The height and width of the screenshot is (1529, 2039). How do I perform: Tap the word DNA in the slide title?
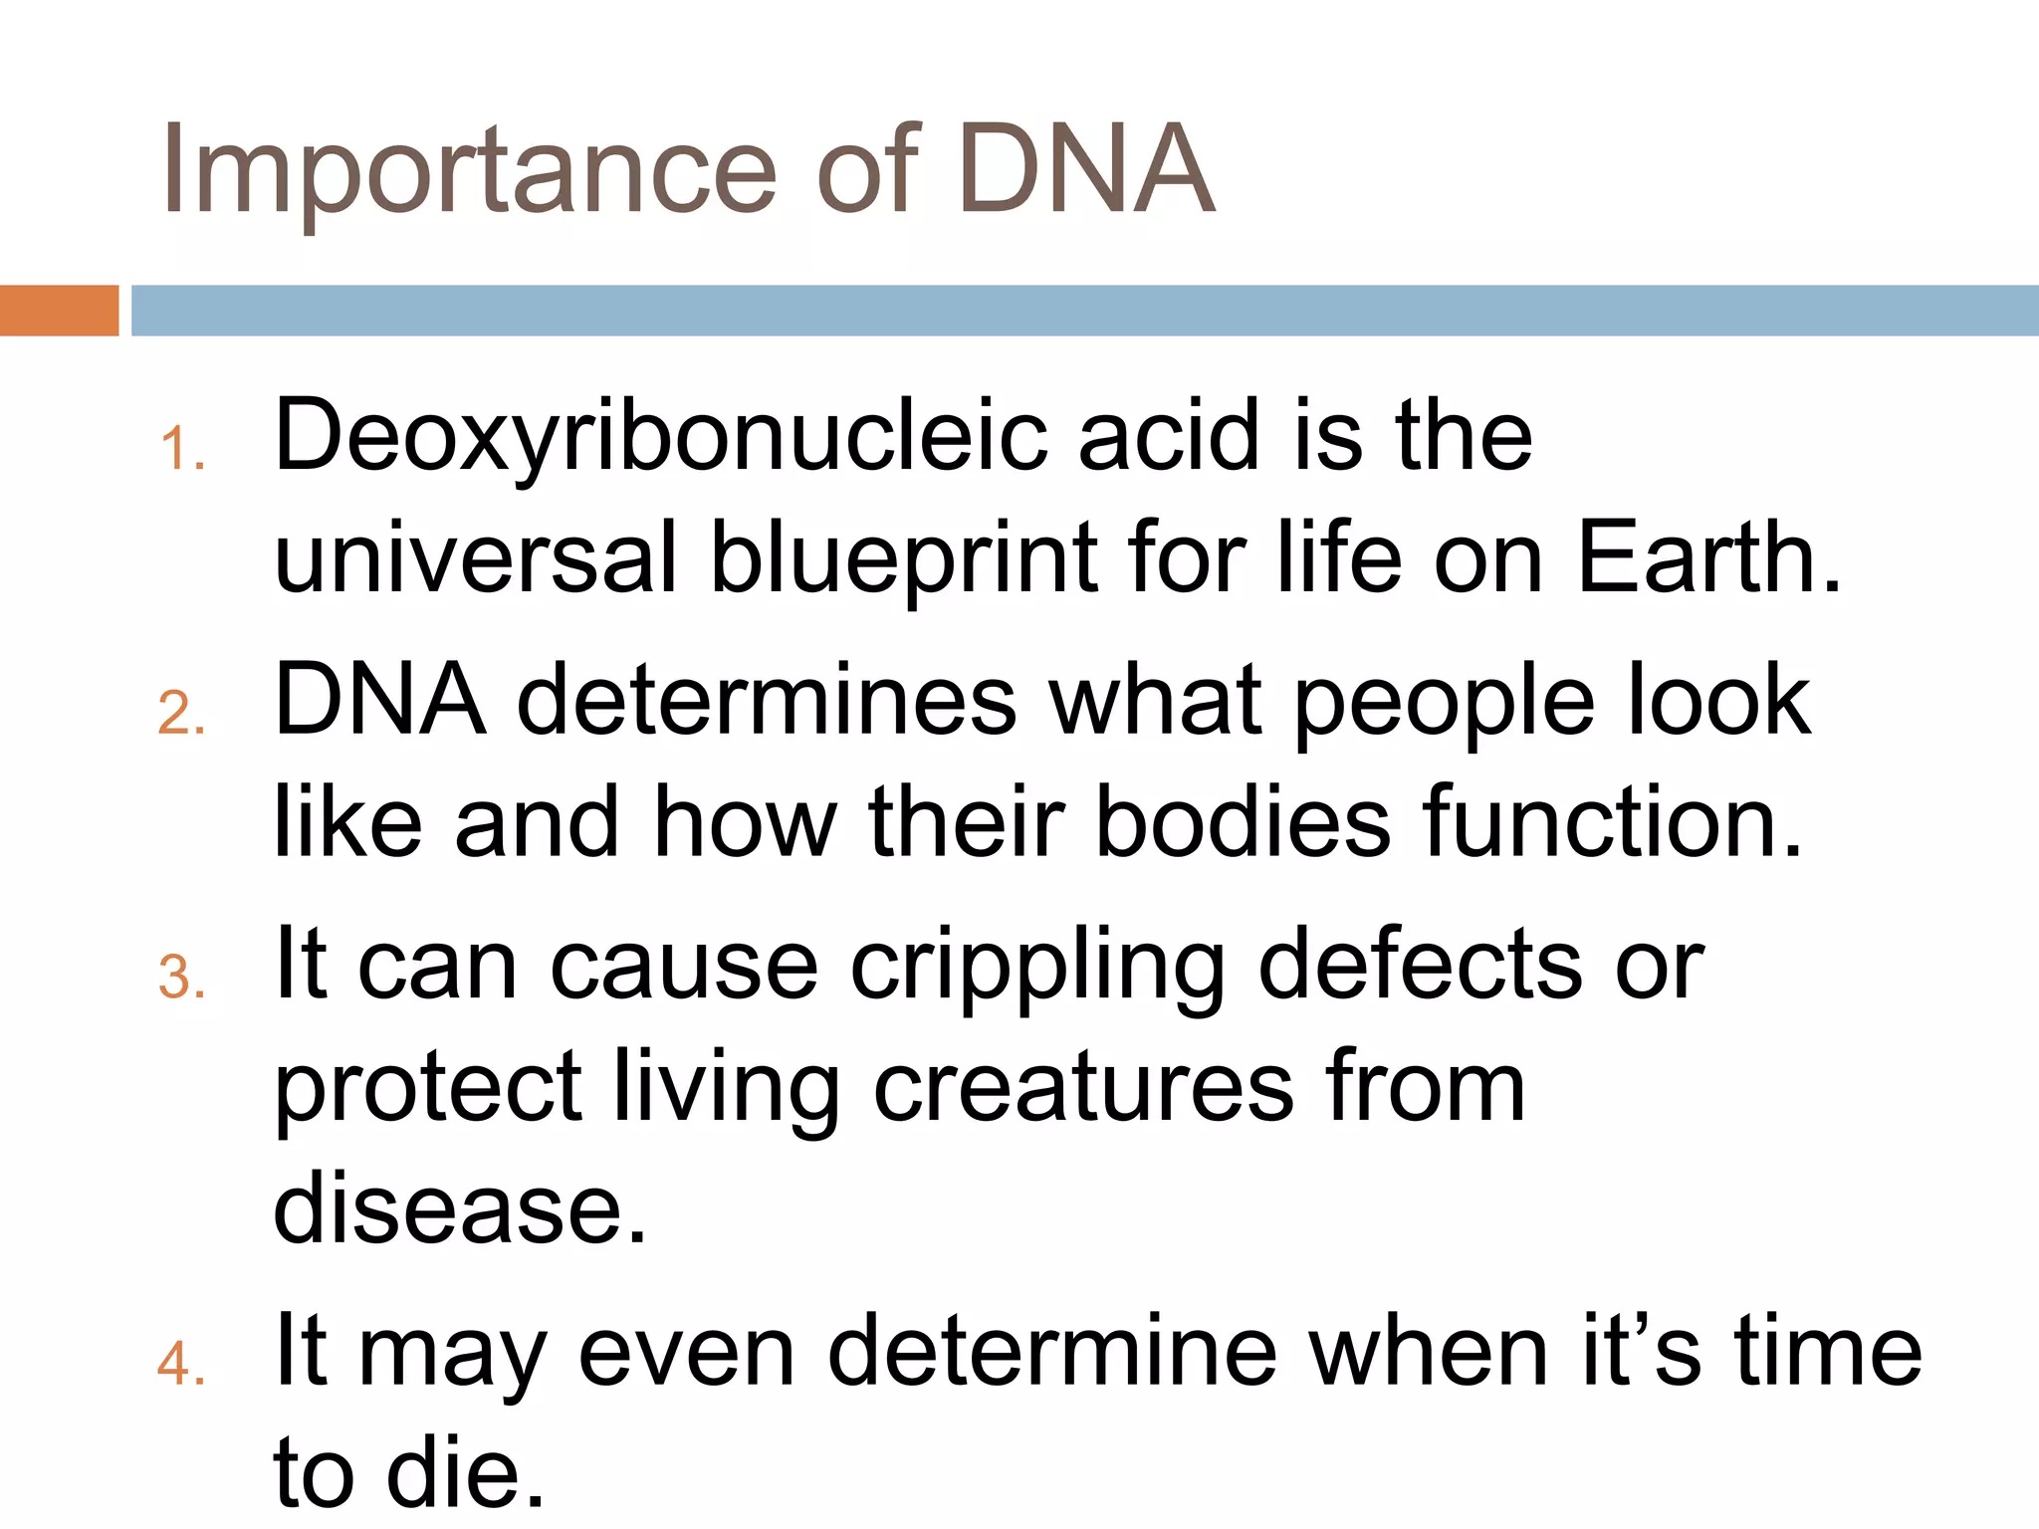1085,169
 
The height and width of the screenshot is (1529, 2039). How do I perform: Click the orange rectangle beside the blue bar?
59,311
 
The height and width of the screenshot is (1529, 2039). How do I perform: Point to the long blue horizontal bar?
1085,311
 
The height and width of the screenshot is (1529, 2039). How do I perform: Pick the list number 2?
180,714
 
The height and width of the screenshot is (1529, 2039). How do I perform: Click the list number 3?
180,978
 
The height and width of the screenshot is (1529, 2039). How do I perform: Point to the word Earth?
1708,557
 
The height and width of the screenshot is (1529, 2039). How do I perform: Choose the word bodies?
1243,823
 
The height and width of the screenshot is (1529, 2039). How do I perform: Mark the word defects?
1420,966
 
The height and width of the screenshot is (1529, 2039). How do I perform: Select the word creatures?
1084,1089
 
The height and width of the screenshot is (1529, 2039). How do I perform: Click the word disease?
460,1209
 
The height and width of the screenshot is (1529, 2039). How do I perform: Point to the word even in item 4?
686,1352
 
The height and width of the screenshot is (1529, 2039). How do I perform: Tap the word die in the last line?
466,1473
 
